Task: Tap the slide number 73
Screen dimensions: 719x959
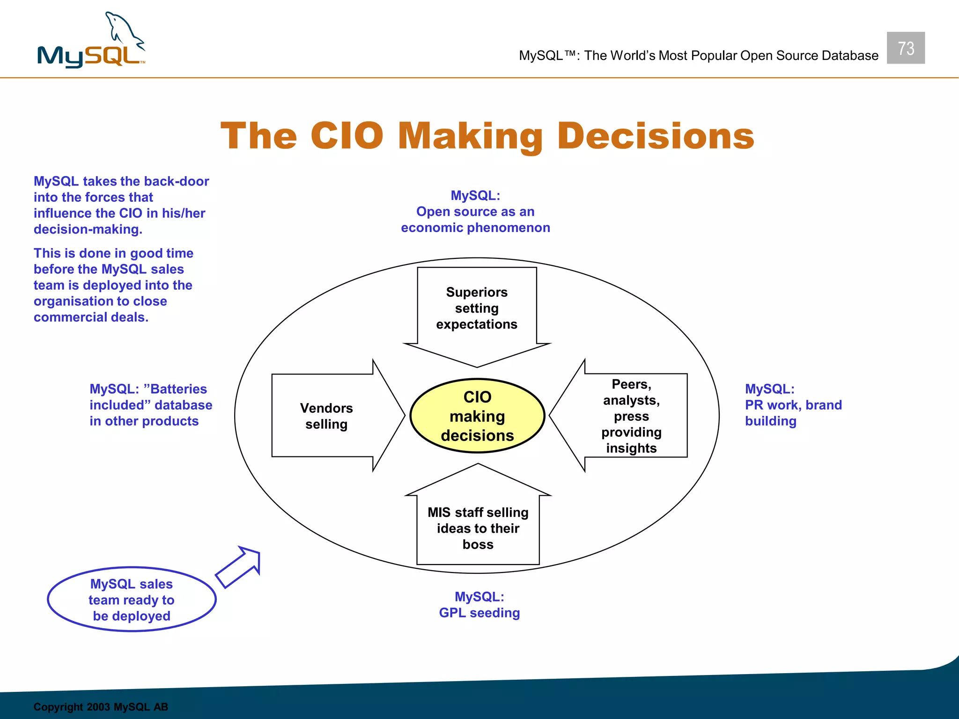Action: (906, 48)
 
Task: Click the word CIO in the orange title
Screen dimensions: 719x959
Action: (347, 136)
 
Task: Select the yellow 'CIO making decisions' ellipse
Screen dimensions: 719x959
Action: (477, 416)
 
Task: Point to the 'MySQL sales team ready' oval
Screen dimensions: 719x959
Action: (132, 600)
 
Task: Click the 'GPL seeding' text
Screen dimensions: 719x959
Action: (479, 613)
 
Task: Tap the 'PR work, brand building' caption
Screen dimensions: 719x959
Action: (793, 405)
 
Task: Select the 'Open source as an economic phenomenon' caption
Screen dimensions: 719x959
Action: (475, 212)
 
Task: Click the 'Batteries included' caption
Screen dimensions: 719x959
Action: (150, 405)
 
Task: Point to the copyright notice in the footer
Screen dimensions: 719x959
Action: (101, 707)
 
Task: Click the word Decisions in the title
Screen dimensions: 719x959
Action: (656, 136)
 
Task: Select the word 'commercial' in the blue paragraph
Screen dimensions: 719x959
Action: (70, 317)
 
